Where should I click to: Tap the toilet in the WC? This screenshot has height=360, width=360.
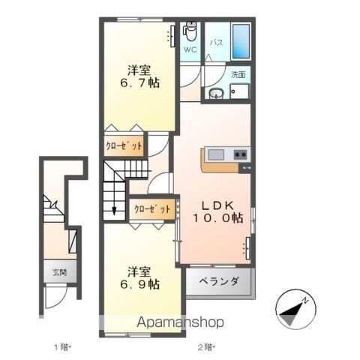(190, 31)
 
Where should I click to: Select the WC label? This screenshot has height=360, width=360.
(190, 50)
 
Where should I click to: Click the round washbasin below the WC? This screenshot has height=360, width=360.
(216, 93)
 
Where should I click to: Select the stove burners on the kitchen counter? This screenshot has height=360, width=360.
(241, 154)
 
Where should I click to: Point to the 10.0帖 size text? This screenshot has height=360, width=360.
(215, 217)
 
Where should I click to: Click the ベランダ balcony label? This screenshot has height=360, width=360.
(219, 282)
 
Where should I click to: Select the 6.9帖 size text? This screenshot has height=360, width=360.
(141, 283)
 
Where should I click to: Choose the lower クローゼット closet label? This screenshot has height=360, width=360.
(152, 208)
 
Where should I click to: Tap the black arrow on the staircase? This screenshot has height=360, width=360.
(114, 209)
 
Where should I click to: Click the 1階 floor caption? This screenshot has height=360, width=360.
(61, 346)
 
